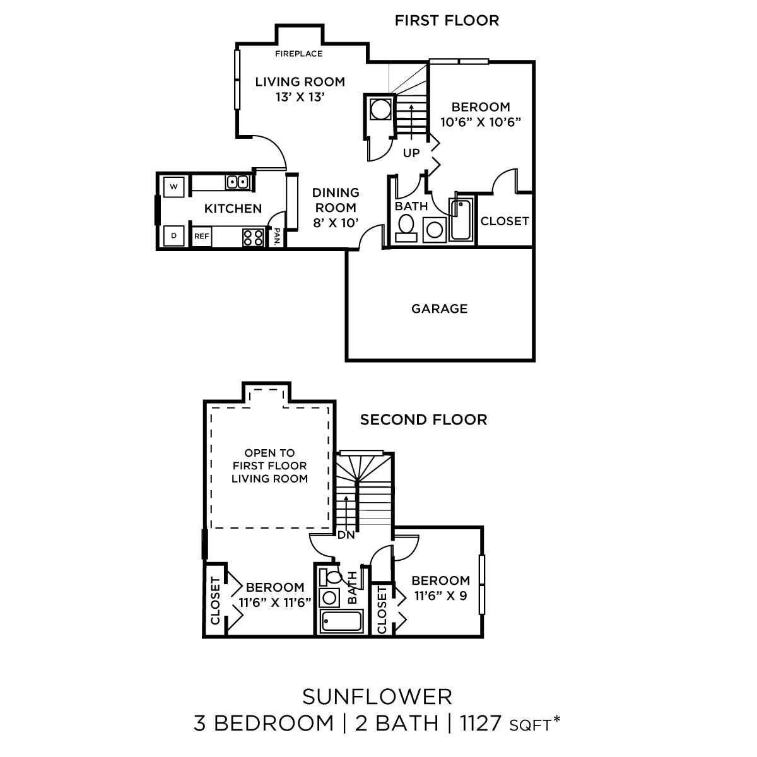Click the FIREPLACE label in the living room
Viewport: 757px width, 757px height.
[298, 54]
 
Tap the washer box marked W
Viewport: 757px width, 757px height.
[173, 187]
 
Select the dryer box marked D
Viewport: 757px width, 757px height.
[173, 235]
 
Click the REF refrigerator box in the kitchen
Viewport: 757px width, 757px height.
[201, 236]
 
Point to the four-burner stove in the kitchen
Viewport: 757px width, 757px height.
[253, 237]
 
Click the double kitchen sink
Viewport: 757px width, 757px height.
[238, 182]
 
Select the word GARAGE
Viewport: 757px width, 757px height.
[439, 308]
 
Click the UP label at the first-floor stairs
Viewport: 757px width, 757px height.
[411, 153]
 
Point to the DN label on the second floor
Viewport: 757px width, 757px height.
[346, 536]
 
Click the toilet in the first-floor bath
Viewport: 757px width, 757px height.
[407, 225]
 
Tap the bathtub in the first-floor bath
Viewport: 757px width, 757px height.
[461, 220]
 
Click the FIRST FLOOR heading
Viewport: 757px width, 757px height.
[447, 20]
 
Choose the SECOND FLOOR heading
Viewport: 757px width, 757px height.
[423, 420]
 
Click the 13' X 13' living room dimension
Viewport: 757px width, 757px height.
[300, 97]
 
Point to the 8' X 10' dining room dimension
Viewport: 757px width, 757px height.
[336, 222]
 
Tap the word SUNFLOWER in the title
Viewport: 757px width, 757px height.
[377, 696]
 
